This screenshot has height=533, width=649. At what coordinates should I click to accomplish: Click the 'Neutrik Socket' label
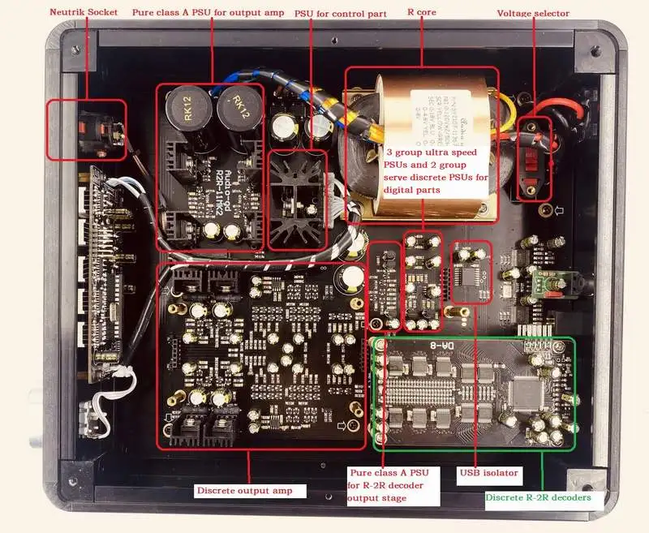(x=83, y=12)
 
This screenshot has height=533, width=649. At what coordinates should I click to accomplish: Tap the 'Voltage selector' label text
(x=532, y=14)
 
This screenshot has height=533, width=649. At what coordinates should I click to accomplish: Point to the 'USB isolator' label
(x=488, y=472)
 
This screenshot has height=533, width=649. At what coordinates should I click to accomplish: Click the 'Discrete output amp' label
(x=239, y=491)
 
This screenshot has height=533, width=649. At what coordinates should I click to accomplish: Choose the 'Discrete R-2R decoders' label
(x=538, y=497)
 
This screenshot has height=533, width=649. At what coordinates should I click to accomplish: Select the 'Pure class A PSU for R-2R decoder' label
(x=395, y=484)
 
